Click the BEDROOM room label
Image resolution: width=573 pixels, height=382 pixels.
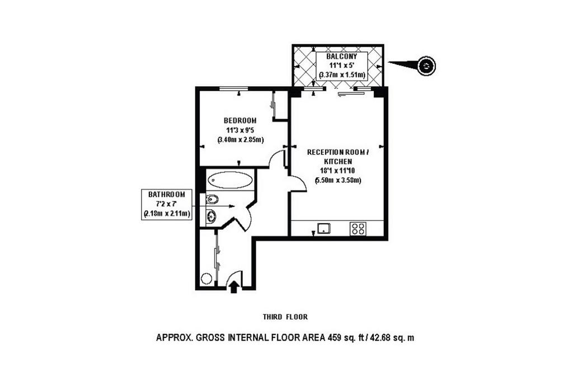pyautogui.click(x=240, y=120)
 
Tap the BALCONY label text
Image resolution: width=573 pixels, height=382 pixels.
pyautogui.click(x=342, y=56)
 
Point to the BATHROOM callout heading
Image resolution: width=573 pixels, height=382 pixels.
pyautogui.click(x=167, y=195)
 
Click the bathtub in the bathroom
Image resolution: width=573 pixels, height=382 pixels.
pyautogui.click(x=230, y=180)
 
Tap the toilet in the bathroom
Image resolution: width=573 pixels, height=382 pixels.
pyautogui.click(x=212, y=200)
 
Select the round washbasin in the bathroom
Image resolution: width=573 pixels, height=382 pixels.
pyautogui.click(x=212, y=216)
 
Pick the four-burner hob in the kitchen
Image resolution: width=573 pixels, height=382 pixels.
pyautogui.click(x=358, y=229)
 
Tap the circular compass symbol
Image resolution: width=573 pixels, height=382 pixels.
pyautogui.click(x=426, y=66)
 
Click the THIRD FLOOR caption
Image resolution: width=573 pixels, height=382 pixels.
pyautogui.click(x=285, y=317)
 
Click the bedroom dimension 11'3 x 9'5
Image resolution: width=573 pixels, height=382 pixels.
pyautogui.click(x=241, y=130)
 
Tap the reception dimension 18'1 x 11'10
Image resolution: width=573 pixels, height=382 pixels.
pyautogui.click(x=338, y=171)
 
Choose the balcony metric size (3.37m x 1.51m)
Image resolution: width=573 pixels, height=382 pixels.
pyautogui.click(x=342, y=76)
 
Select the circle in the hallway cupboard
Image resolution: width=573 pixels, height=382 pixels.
pyautogui.click(x=206, y=279)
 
